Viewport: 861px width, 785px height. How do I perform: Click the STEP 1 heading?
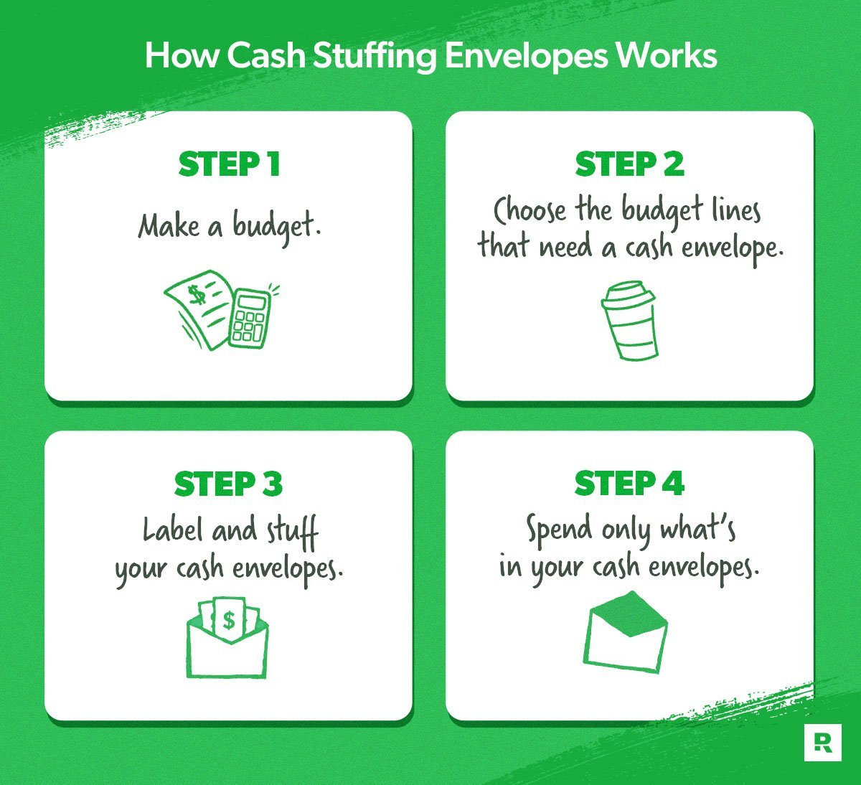click(229, 164)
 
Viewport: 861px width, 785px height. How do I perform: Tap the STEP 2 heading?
click(630, 164)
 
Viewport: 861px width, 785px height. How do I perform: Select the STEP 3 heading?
click(228, 484)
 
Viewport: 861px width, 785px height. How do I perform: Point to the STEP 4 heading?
click(630, 483)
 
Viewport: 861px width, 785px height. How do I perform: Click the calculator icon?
click(249, 317)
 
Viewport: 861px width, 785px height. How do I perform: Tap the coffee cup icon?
click(629, 320)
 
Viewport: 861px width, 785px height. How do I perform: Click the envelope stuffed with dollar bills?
click(227, 637)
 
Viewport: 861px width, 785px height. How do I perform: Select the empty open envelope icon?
click(626, 632)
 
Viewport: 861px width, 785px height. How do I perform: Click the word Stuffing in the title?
click(375, 57)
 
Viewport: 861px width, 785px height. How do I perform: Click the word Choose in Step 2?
click(530, 210)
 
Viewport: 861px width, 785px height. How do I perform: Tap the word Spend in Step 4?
click(559, 530)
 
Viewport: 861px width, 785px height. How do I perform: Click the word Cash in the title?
click(265, 56)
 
